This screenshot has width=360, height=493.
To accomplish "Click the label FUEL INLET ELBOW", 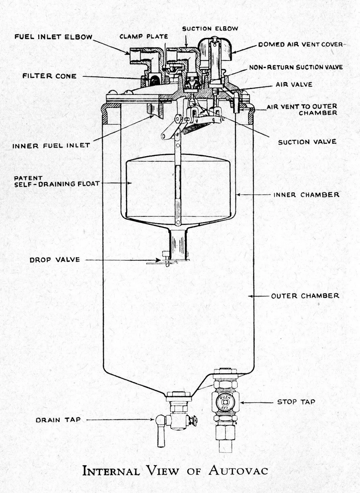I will click(53, 37).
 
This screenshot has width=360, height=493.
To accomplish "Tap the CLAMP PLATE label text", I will click(144, 36).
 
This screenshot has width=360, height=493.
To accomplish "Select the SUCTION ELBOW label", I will click(210, 28).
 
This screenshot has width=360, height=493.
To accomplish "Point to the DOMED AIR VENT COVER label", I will click(300, 44).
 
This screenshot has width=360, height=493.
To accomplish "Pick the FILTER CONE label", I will click(49, 76).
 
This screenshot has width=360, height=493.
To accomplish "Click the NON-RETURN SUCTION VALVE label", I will click(296, 67).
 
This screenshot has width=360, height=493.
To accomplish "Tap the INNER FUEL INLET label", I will click(51, 145).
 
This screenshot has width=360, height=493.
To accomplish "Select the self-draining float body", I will click(151, 187).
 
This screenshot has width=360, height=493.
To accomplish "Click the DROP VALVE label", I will click(55, 260).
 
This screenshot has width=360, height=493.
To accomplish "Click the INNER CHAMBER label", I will click(306, 195).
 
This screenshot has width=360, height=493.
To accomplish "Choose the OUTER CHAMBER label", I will click(305, 296).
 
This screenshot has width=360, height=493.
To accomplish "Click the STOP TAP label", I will click(296, 402).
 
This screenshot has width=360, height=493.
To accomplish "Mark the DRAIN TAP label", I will click(58, 420).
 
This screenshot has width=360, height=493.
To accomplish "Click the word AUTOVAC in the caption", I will click(238, 470).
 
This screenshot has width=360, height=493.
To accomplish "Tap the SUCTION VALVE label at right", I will click(307, 142).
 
